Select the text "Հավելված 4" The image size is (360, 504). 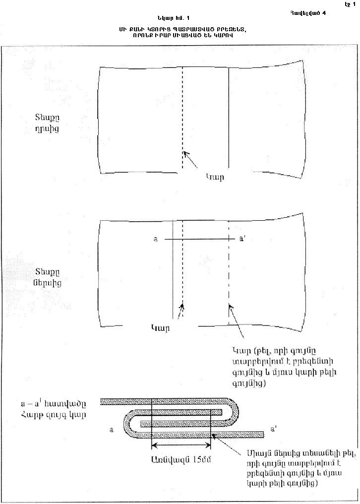pos(308,14)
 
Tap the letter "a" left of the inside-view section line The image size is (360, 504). pos(155,239)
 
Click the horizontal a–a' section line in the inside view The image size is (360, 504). pos(198,239)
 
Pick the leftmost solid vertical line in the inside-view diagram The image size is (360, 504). pos(172,268)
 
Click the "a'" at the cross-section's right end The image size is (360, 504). pos(273,426)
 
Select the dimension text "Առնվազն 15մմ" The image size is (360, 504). pos(181,459)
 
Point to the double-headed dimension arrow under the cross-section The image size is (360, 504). pos(181,445)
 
